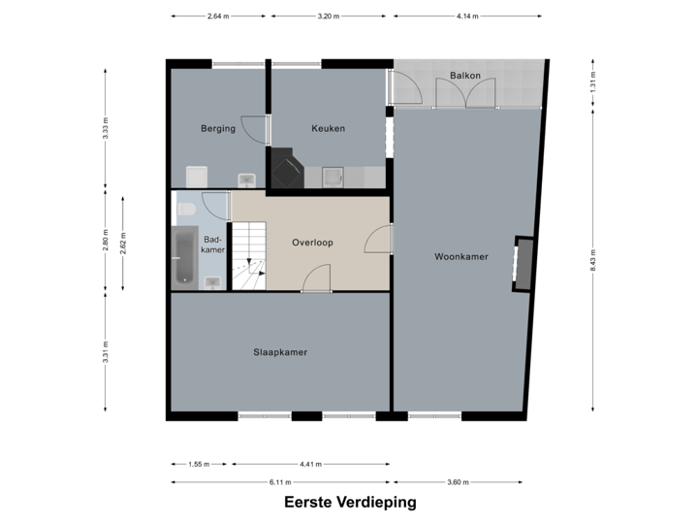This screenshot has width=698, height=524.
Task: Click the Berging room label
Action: pyautogui.click(x=218, y=128)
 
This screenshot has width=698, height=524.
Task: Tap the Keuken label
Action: pyautogui.click(x=328, y=128)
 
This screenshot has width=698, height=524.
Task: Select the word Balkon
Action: pyautogui.click(x=465, y=76)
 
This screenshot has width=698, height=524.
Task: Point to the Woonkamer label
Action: pyautogui.click(x=460, y=257)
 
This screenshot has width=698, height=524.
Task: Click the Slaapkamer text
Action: pyautogui.click(x=280, y=352)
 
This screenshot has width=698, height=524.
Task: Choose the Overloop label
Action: pyautogui.click(x=312, y=243)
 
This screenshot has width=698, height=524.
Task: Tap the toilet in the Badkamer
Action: pyautogui.click(x=186, y=209)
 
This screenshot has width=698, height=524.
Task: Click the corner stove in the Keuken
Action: pyautogui.click(x=286, y=169)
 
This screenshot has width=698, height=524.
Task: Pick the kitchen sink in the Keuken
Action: pyautogui.click(x=333, y=176)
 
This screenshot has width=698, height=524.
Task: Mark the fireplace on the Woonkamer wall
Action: pyautogui.click(x=523, y=263)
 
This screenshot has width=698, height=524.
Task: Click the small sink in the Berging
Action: pyautogui.click(x=246, y=179)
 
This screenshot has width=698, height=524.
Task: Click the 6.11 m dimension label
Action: pyautogui.click(x=280, y=482)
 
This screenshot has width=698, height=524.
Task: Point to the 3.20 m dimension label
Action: pyautogui.click(x=329, y=16)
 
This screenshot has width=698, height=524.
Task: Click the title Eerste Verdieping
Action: pyautogui.click(x=350, y=502)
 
